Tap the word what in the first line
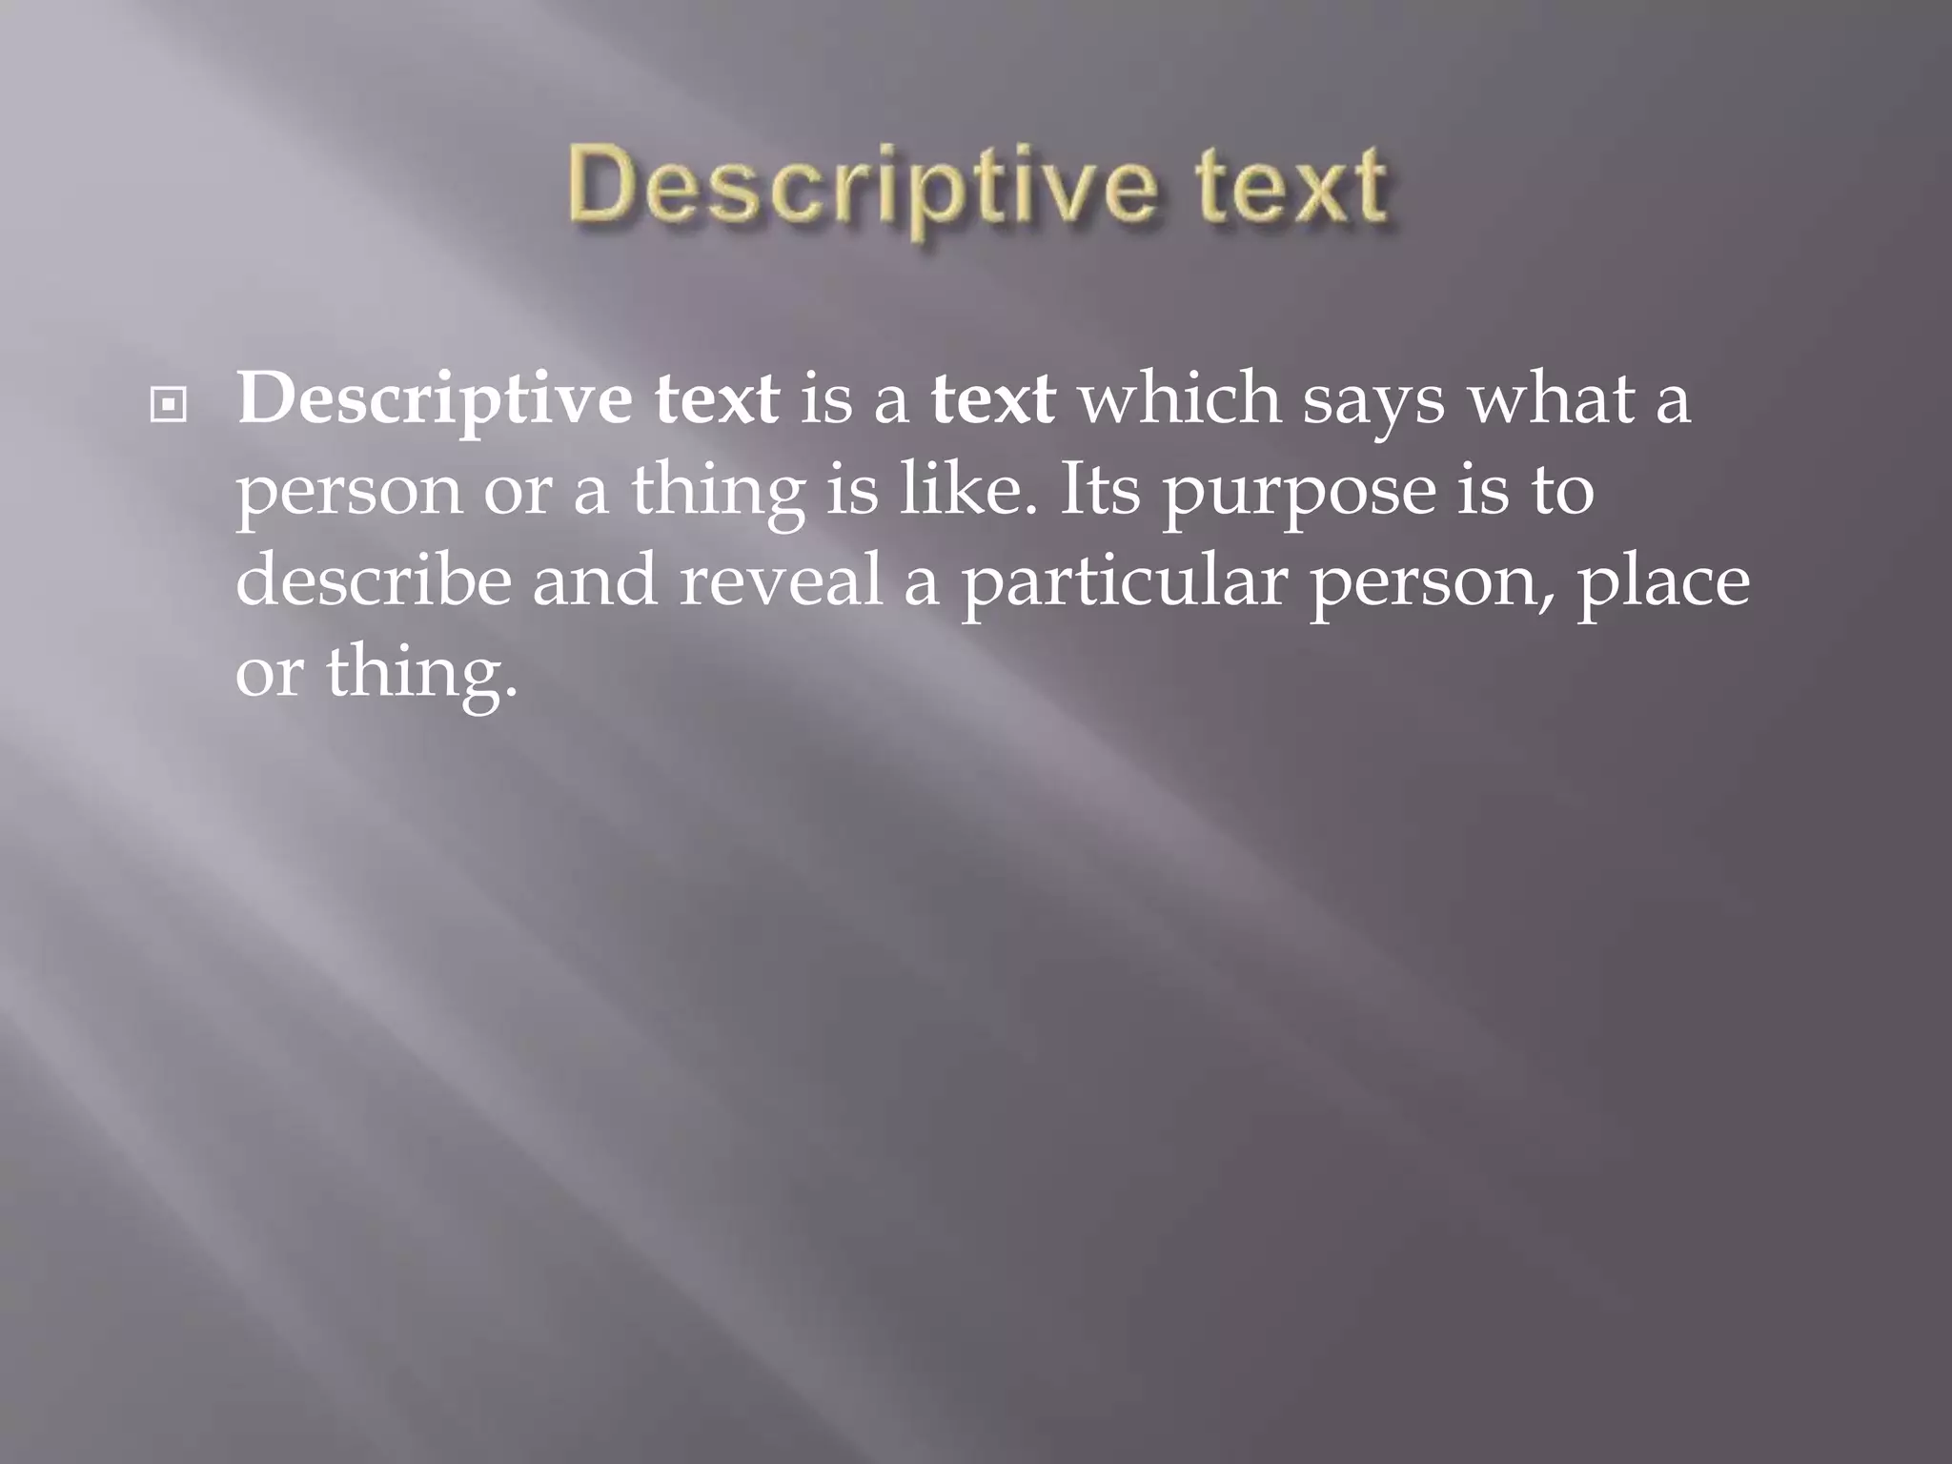(x=1550, y=398)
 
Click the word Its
(x=1099, y=490)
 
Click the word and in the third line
(x=594, y=581)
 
